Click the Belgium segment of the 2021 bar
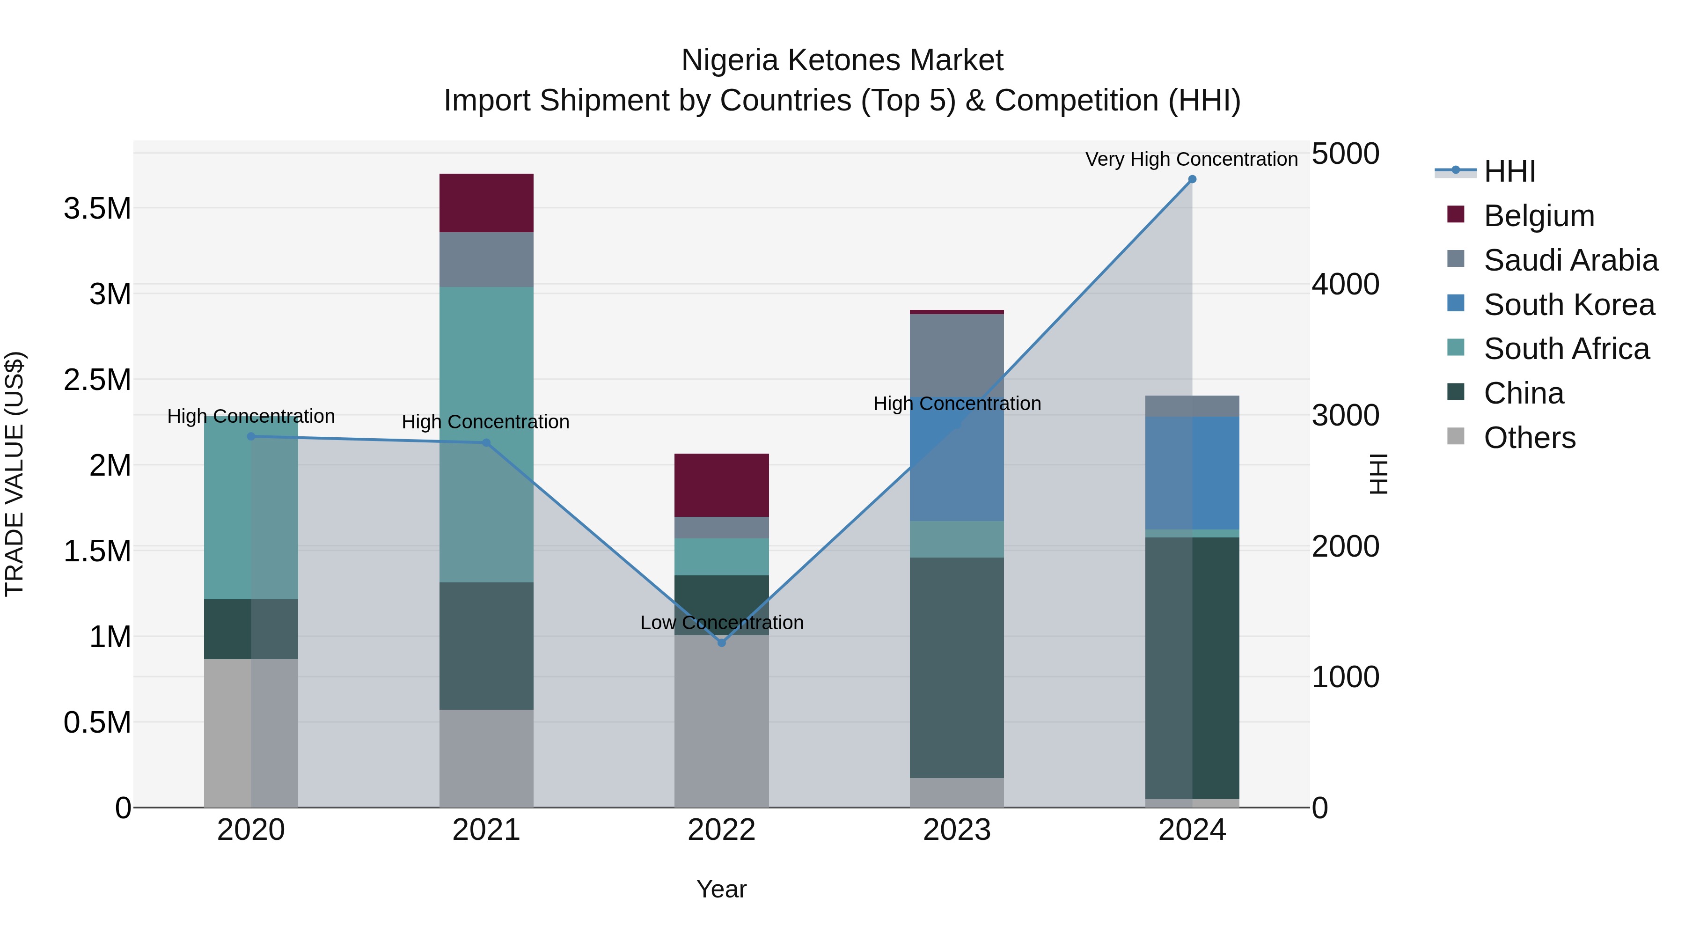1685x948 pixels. (486, 203)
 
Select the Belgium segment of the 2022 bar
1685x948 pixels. (721, 485)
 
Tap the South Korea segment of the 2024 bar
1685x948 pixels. (1192, 472)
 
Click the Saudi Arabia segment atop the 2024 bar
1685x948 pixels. (1192, 405)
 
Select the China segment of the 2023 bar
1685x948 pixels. (956, 667)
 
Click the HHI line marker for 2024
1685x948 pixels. (1192, 179)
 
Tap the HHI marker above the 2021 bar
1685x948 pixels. (486, 443)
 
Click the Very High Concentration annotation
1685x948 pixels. (1191, 159)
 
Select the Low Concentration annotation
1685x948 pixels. (721, 622)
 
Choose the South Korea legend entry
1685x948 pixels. (1568, 305)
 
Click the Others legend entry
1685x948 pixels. (1529, 438)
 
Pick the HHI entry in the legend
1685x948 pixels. (1509, 171)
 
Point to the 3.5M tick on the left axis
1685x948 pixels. (97, 209)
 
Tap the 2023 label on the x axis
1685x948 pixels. (956, 830)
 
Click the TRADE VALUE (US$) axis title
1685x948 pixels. (15, 474)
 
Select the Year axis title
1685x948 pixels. (721, 889)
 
